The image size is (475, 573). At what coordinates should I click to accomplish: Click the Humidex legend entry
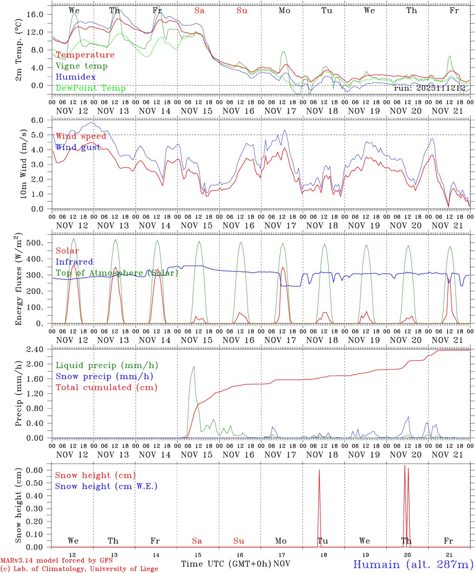pyautogui.click(x=76, y=77)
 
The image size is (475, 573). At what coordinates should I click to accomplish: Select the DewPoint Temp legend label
pyautogui.click(x=91, y=88)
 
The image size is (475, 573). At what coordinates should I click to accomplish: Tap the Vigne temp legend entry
pyautogui.click(x=82, y=66)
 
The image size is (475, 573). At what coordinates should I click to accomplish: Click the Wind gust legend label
pyautogui.click(x=78, y=148)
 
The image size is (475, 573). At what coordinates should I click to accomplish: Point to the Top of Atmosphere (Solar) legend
pyautogui.click(x=117, y=273)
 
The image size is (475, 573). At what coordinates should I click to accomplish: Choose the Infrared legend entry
pyautogui.click(x=74, y=262)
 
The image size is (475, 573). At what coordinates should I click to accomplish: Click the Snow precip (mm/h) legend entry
pyautogui.click(x=104, y=376)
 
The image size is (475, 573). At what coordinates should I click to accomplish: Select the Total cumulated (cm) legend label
pyautogui.click(x=107, y=388)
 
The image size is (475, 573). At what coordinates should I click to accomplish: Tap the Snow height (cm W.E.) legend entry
pyautogui.click(x=106, y=486)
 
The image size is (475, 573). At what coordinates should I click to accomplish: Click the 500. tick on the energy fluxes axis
pyautogui.click(x=39, y=243)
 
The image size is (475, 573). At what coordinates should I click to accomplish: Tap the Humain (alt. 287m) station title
pyautogui.click(x=413, y=564)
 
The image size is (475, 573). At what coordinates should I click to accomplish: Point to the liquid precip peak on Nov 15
pyautogui.click(x=194, y=366)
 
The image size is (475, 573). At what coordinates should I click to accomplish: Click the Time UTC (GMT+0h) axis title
pyautogui.click(x=226, y=564)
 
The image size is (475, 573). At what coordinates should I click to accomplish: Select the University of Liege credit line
pyautogui.click(x=79, y=569)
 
